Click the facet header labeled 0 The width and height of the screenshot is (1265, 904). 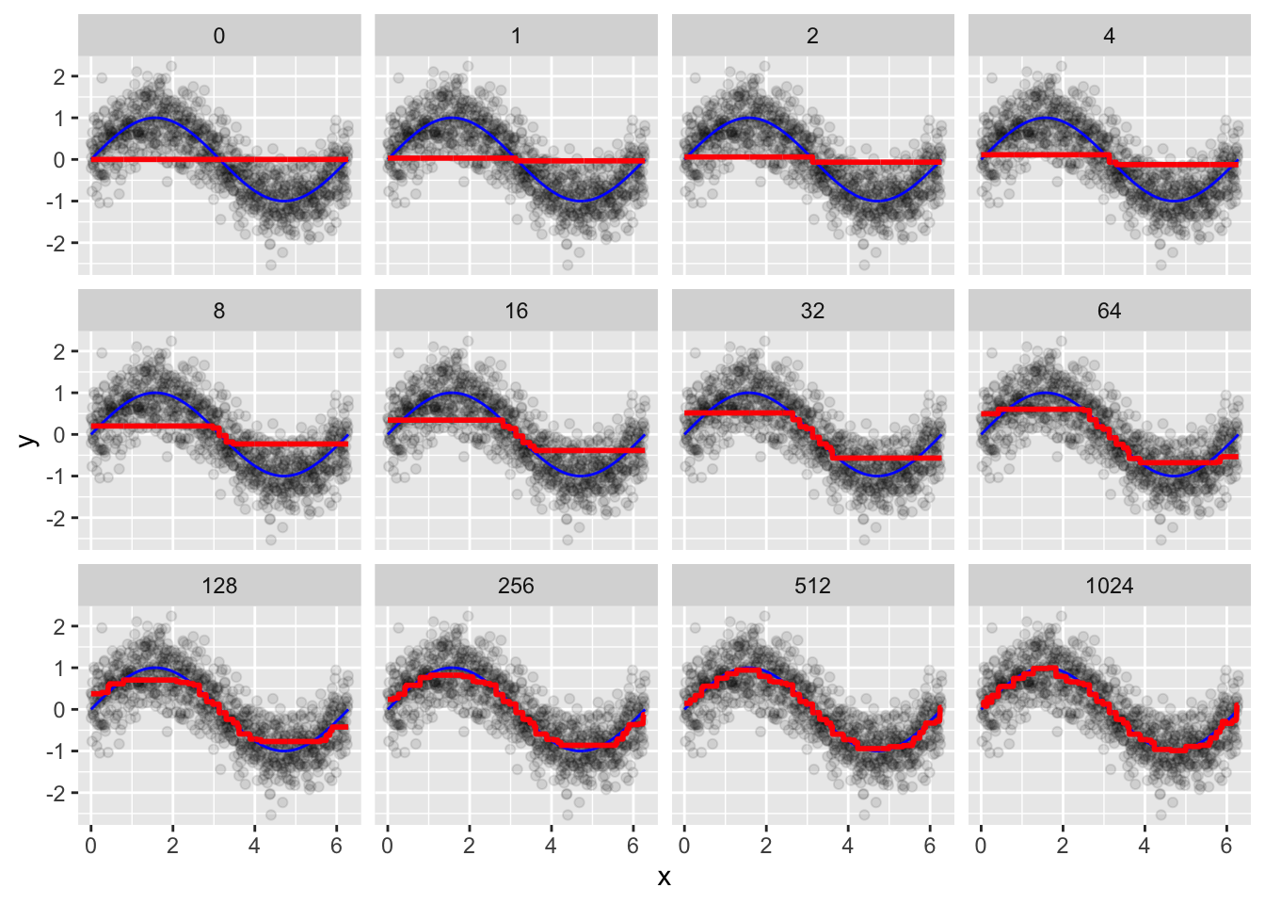pyautogui.click(x=219, y=36)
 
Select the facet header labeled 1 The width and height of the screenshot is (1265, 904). pyautogui.click(x=516, y=36)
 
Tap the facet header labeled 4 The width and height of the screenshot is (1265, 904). pyautogui.click(x=1109, y=36)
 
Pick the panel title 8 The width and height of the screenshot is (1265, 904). pyautogui.click(x=219, y=311)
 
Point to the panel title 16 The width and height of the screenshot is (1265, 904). pyautogui.click(x=516, y=311)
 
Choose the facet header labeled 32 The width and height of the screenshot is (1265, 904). pyautogui.click(x=812, y=311)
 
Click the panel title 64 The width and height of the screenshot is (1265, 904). pyautogui.click(x=1109, y=311)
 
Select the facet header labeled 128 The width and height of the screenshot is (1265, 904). pyautogui.click(x=219, y=586)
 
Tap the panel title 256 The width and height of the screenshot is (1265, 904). pyautogui.click(x=516, y=586)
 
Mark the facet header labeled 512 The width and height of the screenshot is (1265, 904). pyautogui.click(x=812, y=586)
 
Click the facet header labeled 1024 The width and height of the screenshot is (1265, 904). pyautogui.click(x=1109, y=586)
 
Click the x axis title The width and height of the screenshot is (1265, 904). pyautogui.click(x=665, y=878)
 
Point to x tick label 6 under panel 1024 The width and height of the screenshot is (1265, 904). pyautogui.click(x=1225, y=846)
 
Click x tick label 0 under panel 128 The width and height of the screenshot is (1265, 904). pyautogui.click(x=90, y=846)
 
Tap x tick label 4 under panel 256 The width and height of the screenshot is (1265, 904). pyautogui.click(x=551, y=846)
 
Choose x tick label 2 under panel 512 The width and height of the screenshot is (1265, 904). pyautogui.click(x=765, y=846)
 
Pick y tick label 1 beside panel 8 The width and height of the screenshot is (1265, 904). pyautogui.click(x=60, y=394)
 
